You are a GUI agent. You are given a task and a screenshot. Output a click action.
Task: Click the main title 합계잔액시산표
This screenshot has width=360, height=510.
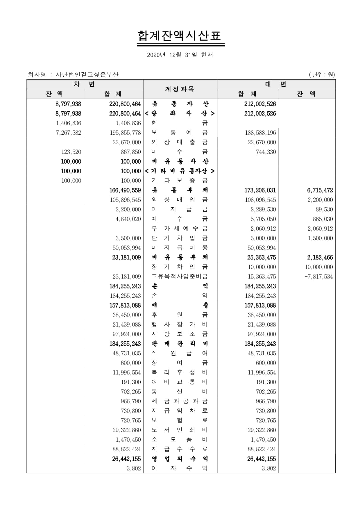[x=180, y=36]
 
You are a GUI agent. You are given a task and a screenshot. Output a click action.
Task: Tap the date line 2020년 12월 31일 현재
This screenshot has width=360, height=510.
[x=180, y=55]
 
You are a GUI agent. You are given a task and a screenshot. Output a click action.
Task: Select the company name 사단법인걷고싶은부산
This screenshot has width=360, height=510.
[x=87, y=75]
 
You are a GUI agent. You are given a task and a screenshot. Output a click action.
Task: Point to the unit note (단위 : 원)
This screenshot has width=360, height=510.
[x=322, y=75]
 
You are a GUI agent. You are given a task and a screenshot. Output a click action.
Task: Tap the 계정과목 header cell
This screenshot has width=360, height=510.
[x=180, y=89]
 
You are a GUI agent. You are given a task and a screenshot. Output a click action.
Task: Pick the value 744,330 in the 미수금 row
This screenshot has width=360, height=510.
[x=266, y=152]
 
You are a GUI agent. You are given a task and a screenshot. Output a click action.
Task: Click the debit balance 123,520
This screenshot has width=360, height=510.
[x=71, y=152]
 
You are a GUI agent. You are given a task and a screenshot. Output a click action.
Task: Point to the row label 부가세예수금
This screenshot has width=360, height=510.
[x=180, y=229]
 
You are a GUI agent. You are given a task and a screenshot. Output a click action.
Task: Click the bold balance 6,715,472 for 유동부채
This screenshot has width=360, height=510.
[x=320, y=190]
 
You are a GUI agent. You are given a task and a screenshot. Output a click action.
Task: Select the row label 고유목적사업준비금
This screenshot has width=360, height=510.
[x=180, y=277]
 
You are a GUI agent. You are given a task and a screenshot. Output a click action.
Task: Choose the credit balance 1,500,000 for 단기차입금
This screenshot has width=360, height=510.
[x=320, y=238]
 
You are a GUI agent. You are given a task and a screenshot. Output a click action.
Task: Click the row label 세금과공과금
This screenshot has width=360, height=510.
[x=180, y=402]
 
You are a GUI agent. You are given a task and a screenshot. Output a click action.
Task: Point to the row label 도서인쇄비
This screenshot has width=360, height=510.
[x=180, y=430]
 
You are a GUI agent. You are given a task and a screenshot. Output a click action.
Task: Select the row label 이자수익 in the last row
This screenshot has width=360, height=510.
[x=180, y=469]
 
